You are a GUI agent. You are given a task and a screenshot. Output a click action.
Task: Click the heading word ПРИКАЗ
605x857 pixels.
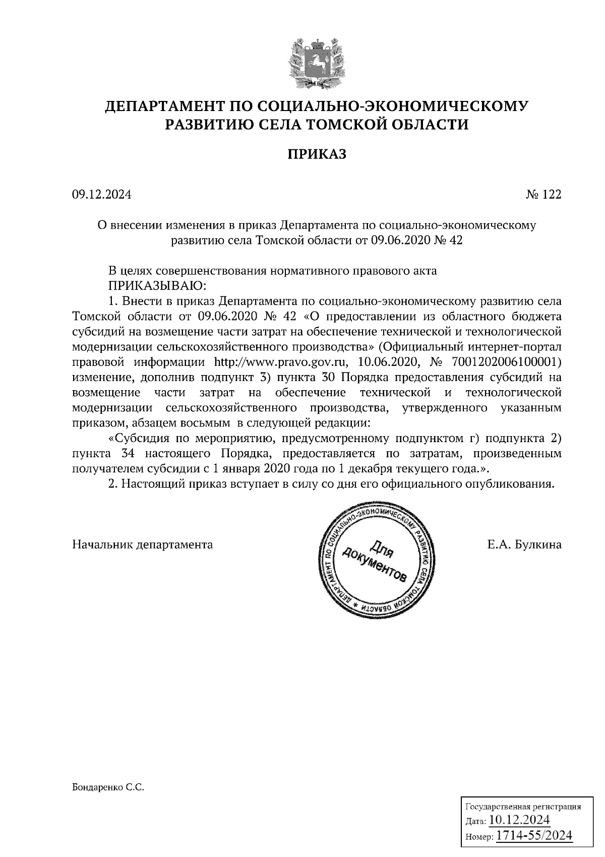tap(317, 154)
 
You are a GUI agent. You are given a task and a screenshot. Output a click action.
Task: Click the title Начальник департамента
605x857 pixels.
tap(143, 545)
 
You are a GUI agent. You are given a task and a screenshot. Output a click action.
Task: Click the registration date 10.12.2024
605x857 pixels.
tap(519, 819)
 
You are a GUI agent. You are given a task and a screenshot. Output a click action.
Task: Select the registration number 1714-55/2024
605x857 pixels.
tap(534, 836)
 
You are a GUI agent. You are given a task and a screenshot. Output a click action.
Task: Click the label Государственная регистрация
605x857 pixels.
tap(522, 807)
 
